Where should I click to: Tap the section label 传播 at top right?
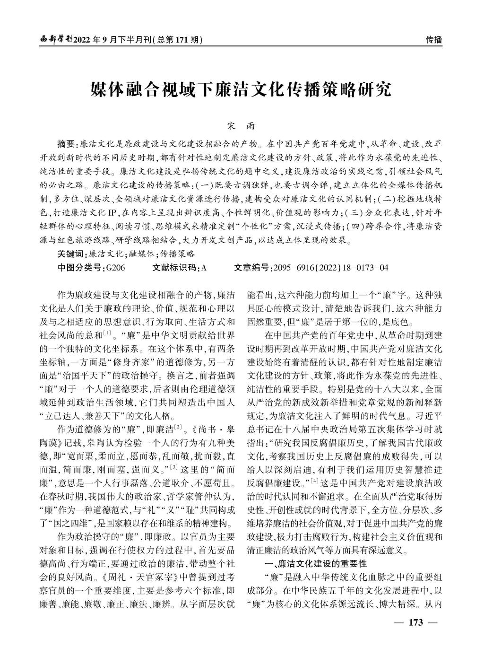click(434, 40)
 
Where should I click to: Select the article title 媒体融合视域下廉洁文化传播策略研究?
click(242, 89)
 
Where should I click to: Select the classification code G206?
click(116, 267)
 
